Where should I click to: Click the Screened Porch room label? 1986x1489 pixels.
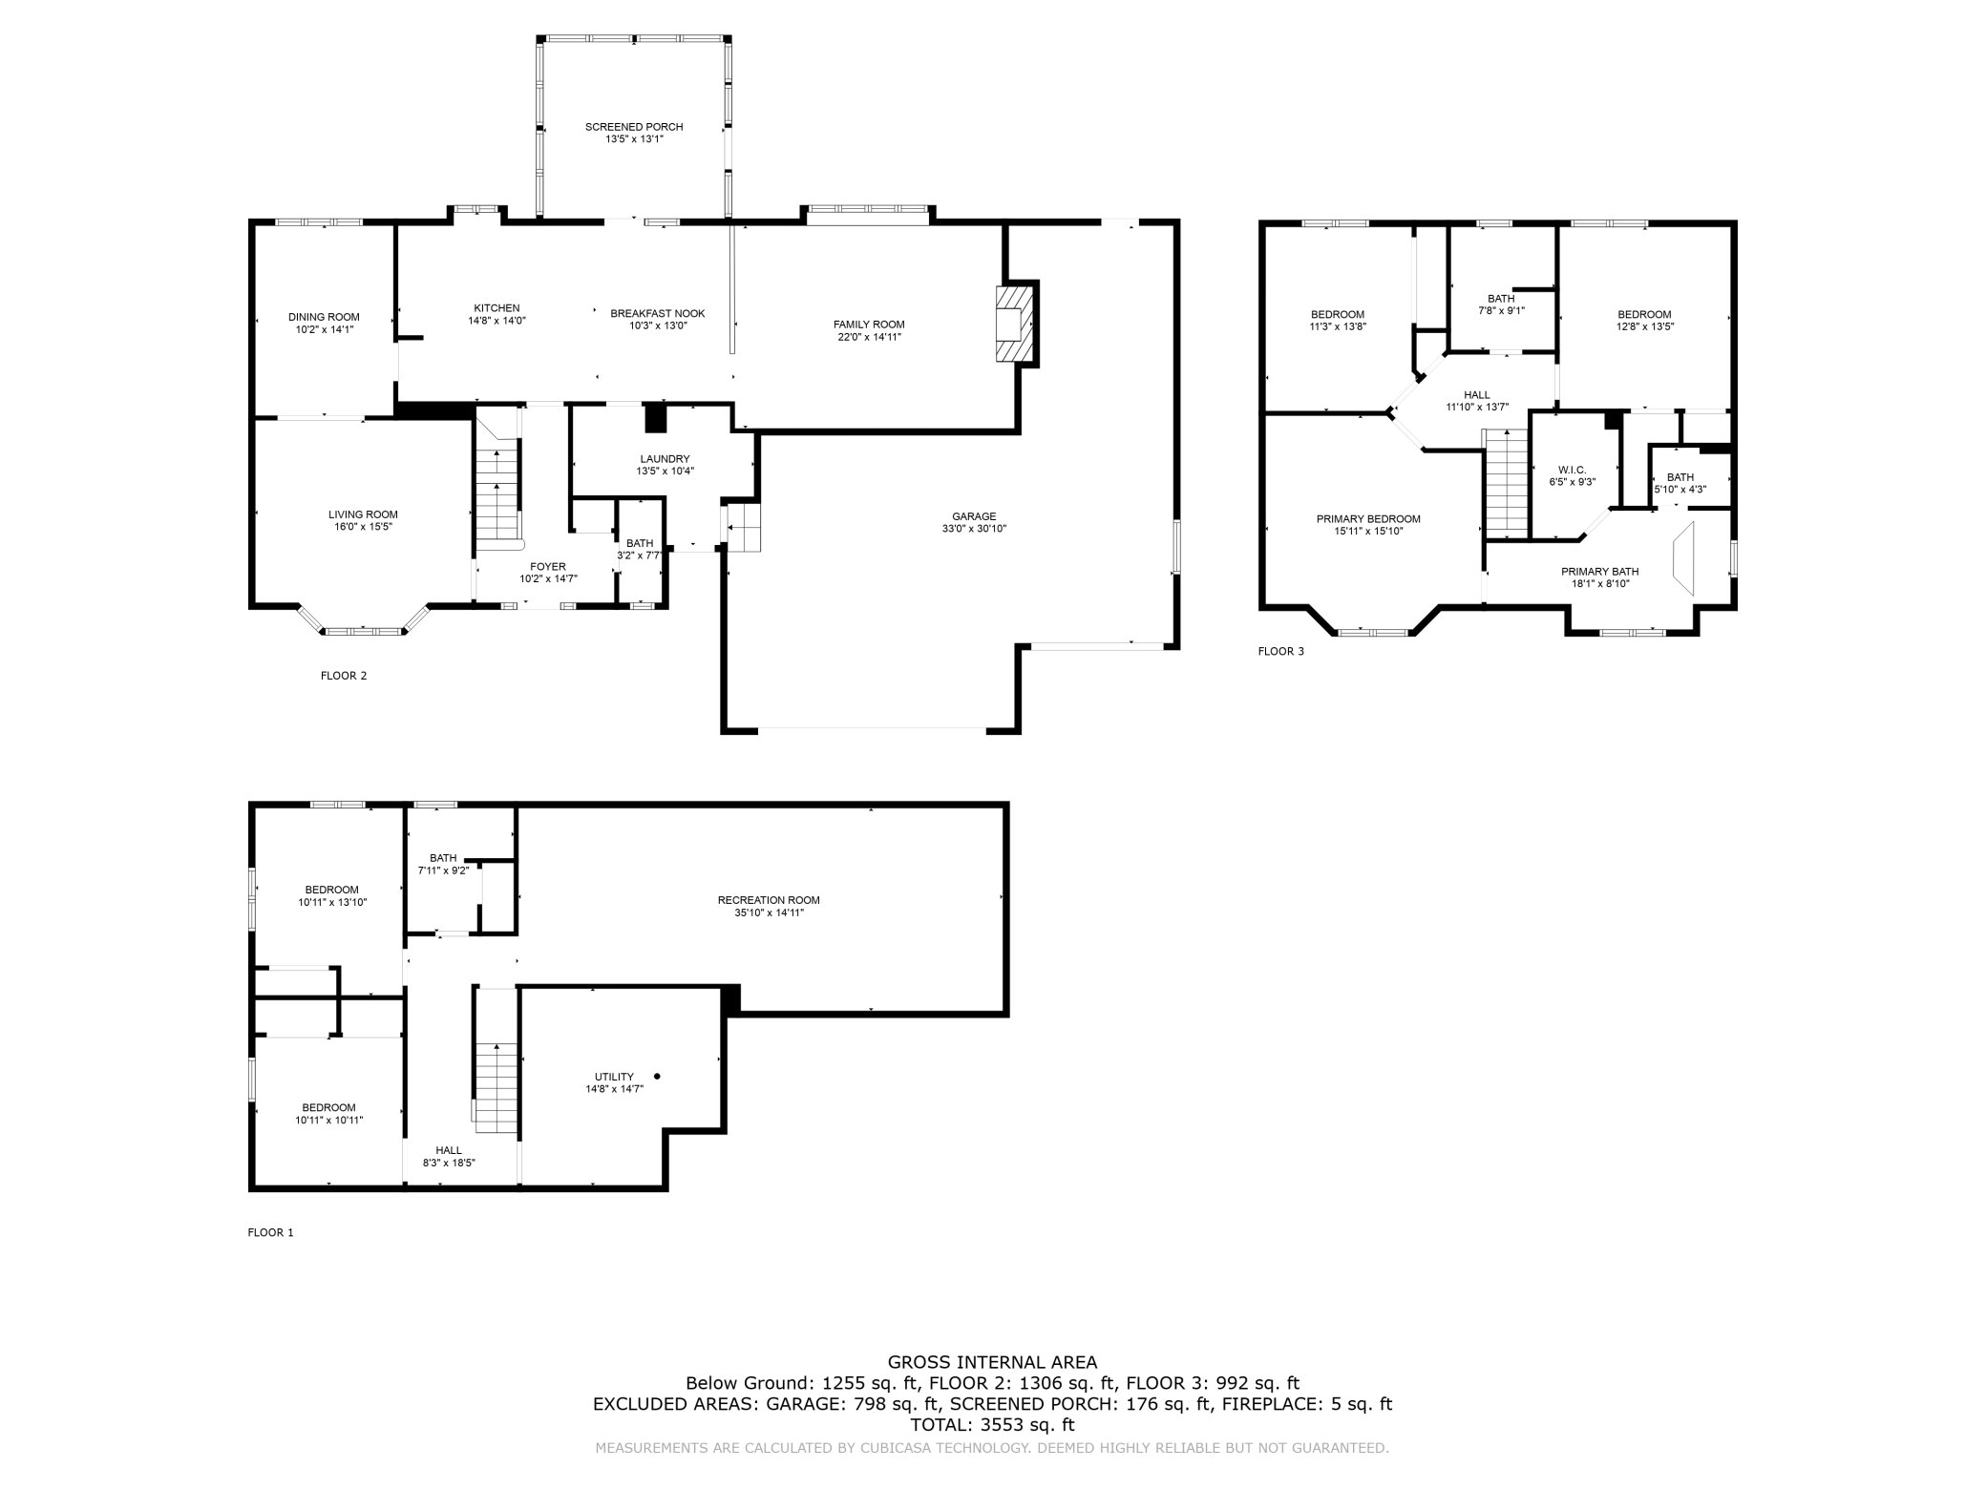[x=634, y=127]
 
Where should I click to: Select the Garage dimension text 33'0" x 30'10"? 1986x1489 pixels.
[x=974, y=529]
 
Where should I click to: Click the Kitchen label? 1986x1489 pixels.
[x=496, y=308]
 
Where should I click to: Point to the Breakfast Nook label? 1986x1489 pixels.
[x=658, y=313]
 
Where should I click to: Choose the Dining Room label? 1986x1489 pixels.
[x=324, y=317]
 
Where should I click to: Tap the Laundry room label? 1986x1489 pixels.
[x=665, y=459]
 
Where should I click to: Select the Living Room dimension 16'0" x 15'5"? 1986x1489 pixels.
[x=363, y=527]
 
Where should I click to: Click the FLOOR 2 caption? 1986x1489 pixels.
[x=344, y=676]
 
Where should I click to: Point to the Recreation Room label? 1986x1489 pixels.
[x=769, y=900]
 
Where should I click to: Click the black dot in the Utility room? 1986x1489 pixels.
[x=657, y=1077]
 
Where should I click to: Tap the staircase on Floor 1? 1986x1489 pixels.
[x=496, y=1059]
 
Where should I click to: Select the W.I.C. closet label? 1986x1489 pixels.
[x=1572, y=470]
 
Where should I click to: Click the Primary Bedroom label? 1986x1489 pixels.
[x=1368, y=519]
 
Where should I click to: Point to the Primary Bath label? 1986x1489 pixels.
[x=1599, y=572]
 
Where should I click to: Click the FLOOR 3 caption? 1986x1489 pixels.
[x=1280, y=652]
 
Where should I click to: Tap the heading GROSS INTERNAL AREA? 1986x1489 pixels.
[x=992, y=1363]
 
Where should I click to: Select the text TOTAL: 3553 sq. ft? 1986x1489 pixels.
[x=992, y=1425]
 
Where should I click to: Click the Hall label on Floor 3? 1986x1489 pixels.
[x=1476, y=395]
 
